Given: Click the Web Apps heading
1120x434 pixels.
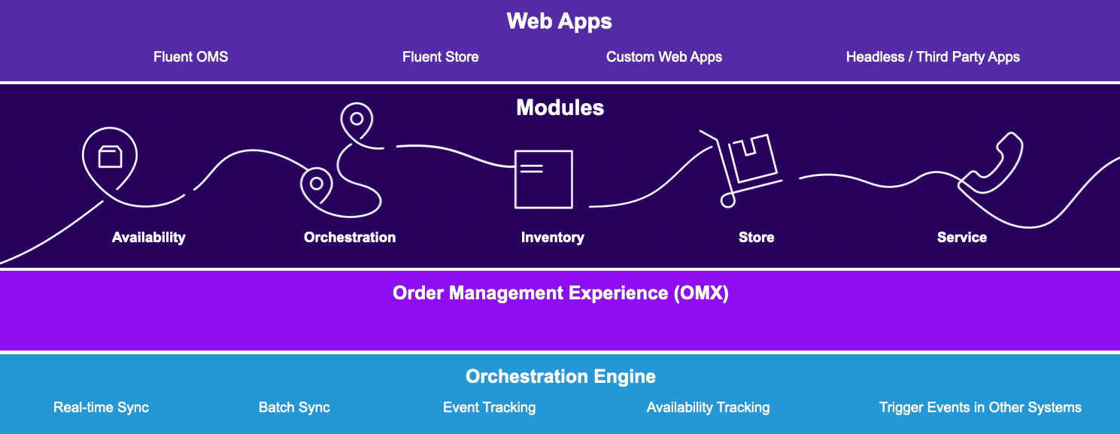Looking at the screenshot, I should [559, 21].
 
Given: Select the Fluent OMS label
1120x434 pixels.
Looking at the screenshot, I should [190, 57].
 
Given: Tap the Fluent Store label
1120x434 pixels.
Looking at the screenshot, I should [440, 57].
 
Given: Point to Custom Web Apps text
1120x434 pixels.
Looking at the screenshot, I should [664, 57].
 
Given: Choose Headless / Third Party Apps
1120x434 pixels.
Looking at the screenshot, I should [933, 57].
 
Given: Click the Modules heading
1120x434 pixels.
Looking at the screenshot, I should [560, 108].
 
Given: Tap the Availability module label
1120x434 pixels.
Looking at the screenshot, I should [148, 238].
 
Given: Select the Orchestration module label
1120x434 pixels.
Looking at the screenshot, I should [350, 238].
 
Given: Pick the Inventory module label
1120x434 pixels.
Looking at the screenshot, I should [552, 238].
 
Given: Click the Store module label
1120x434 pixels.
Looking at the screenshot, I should [756, 238].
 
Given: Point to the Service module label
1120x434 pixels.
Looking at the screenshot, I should [961, 238].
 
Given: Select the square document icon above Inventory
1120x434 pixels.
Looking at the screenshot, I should [543, 179].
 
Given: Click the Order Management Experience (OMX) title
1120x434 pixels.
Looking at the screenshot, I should [560, 293].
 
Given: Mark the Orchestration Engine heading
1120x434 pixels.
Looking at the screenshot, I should [560, 376].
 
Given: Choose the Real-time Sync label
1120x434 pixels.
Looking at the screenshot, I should [101, 408].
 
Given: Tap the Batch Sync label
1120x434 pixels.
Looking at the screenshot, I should [294, 408].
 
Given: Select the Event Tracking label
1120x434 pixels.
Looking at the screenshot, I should [489, 408].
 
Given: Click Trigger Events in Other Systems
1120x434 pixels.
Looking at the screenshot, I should [980, 408].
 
